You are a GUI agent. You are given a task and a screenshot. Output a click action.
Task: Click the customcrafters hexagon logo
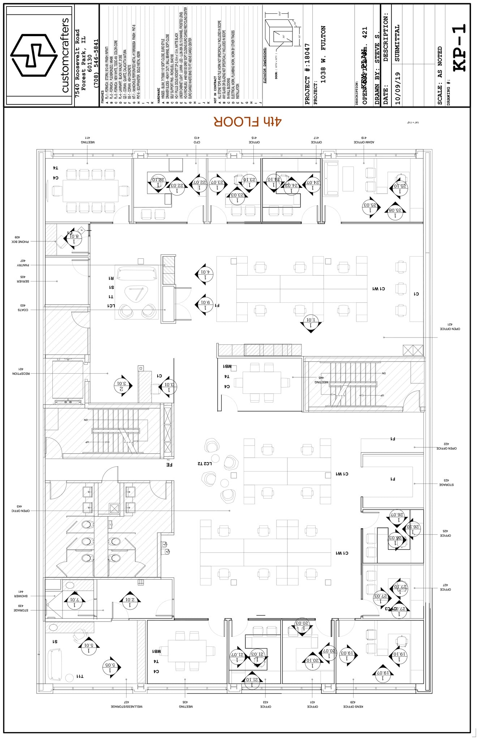34,55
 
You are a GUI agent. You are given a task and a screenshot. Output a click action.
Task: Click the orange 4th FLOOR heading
247,122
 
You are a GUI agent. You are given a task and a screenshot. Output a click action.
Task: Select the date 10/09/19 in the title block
397,88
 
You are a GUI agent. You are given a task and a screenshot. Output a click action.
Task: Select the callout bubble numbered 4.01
205,275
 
